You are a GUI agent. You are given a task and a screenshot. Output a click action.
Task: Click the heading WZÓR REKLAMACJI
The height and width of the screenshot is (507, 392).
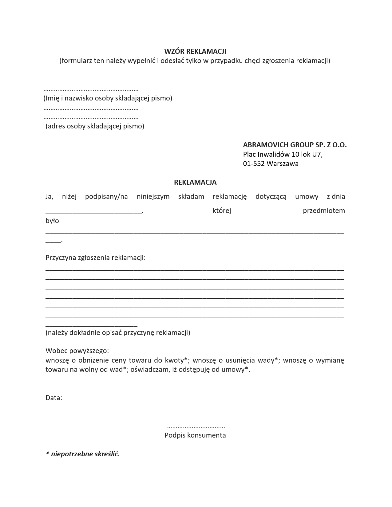tap(195, 51)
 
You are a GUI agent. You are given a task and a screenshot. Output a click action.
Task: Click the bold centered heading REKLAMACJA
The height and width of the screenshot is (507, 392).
tap(195, 182)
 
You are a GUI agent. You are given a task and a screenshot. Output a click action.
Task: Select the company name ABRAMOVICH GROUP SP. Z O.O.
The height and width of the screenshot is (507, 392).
tap(295, 145)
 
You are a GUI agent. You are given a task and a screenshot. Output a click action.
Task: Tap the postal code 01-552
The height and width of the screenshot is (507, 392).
tap(254, 163)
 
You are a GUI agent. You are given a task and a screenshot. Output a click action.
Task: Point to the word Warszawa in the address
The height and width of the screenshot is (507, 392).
tap(282, 163)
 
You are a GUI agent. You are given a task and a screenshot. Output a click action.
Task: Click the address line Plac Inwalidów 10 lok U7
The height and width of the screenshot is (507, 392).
tap(283, 154)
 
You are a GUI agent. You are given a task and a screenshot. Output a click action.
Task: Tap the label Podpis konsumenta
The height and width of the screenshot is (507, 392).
tap(195, 435)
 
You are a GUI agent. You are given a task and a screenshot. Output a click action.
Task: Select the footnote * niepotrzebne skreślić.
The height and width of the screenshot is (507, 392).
tap(83, 454)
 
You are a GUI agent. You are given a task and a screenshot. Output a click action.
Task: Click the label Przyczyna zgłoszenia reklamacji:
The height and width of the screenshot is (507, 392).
tap(96, 257)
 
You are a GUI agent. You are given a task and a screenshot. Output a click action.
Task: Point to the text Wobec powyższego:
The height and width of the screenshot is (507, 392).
tap(77, 351)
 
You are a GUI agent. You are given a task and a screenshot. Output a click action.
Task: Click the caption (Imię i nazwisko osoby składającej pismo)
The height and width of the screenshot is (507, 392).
tap(108, 98)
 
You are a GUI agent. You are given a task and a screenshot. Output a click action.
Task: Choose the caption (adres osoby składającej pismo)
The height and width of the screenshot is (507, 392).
tap(95, 126)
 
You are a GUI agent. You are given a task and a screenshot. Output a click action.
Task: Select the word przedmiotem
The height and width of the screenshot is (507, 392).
tap(324, 211)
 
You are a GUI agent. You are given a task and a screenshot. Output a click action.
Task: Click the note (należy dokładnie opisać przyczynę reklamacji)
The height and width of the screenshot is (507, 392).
tap(118, 332)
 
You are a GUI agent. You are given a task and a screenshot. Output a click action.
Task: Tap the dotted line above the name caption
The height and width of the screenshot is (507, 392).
tap(91, 90)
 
